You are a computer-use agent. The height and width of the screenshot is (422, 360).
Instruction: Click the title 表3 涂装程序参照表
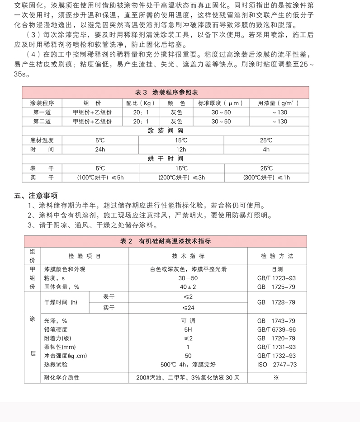point(166,92)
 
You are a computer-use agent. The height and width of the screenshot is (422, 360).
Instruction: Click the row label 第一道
point(42,112)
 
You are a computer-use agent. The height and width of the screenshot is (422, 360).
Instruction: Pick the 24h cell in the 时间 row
point(100,150)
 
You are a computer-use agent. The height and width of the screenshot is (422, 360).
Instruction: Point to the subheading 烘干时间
point(166,159)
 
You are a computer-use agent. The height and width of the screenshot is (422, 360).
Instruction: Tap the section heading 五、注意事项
point(36,196)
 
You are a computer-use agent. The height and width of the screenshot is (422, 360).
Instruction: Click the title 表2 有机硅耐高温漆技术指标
point(166,241)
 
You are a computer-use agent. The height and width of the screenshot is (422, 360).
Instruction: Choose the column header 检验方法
point(277,256)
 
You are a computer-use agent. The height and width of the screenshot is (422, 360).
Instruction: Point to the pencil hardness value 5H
point(188,329)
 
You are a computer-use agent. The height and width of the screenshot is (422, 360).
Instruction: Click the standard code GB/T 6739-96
point(276,329)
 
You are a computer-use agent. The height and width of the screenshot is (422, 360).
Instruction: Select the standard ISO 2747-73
point(277,364)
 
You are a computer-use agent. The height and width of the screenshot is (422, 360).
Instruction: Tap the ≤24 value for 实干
point(188,308)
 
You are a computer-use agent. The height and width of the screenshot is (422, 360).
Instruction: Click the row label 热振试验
point(56,364)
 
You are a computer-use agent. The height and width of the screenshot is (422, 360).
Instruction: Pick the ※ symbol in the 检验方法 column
point(276,377)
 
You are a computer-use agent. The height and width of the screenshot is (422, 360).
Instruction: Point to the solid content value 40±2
point(188,286)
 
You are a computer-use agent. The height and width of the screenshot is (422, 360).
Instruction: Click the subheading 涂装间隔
point(166,131)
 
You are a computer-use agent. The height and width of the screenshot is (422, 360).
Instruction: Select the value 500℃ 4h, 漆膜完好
point(188,364)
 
